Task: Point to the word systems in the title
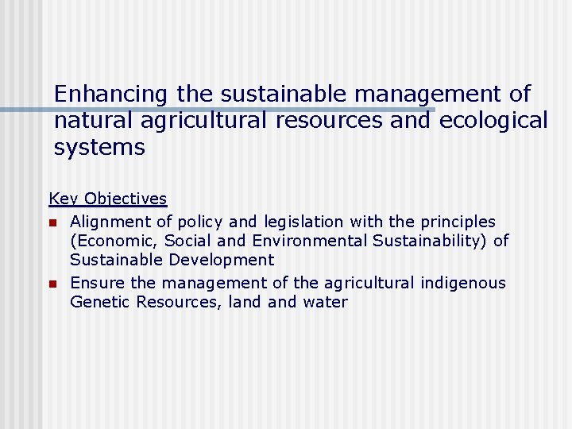click(x=99, y=148)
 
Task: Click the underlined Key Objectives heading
click(x=108, y=199)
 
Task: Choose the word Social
click(x=187, y=241)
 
